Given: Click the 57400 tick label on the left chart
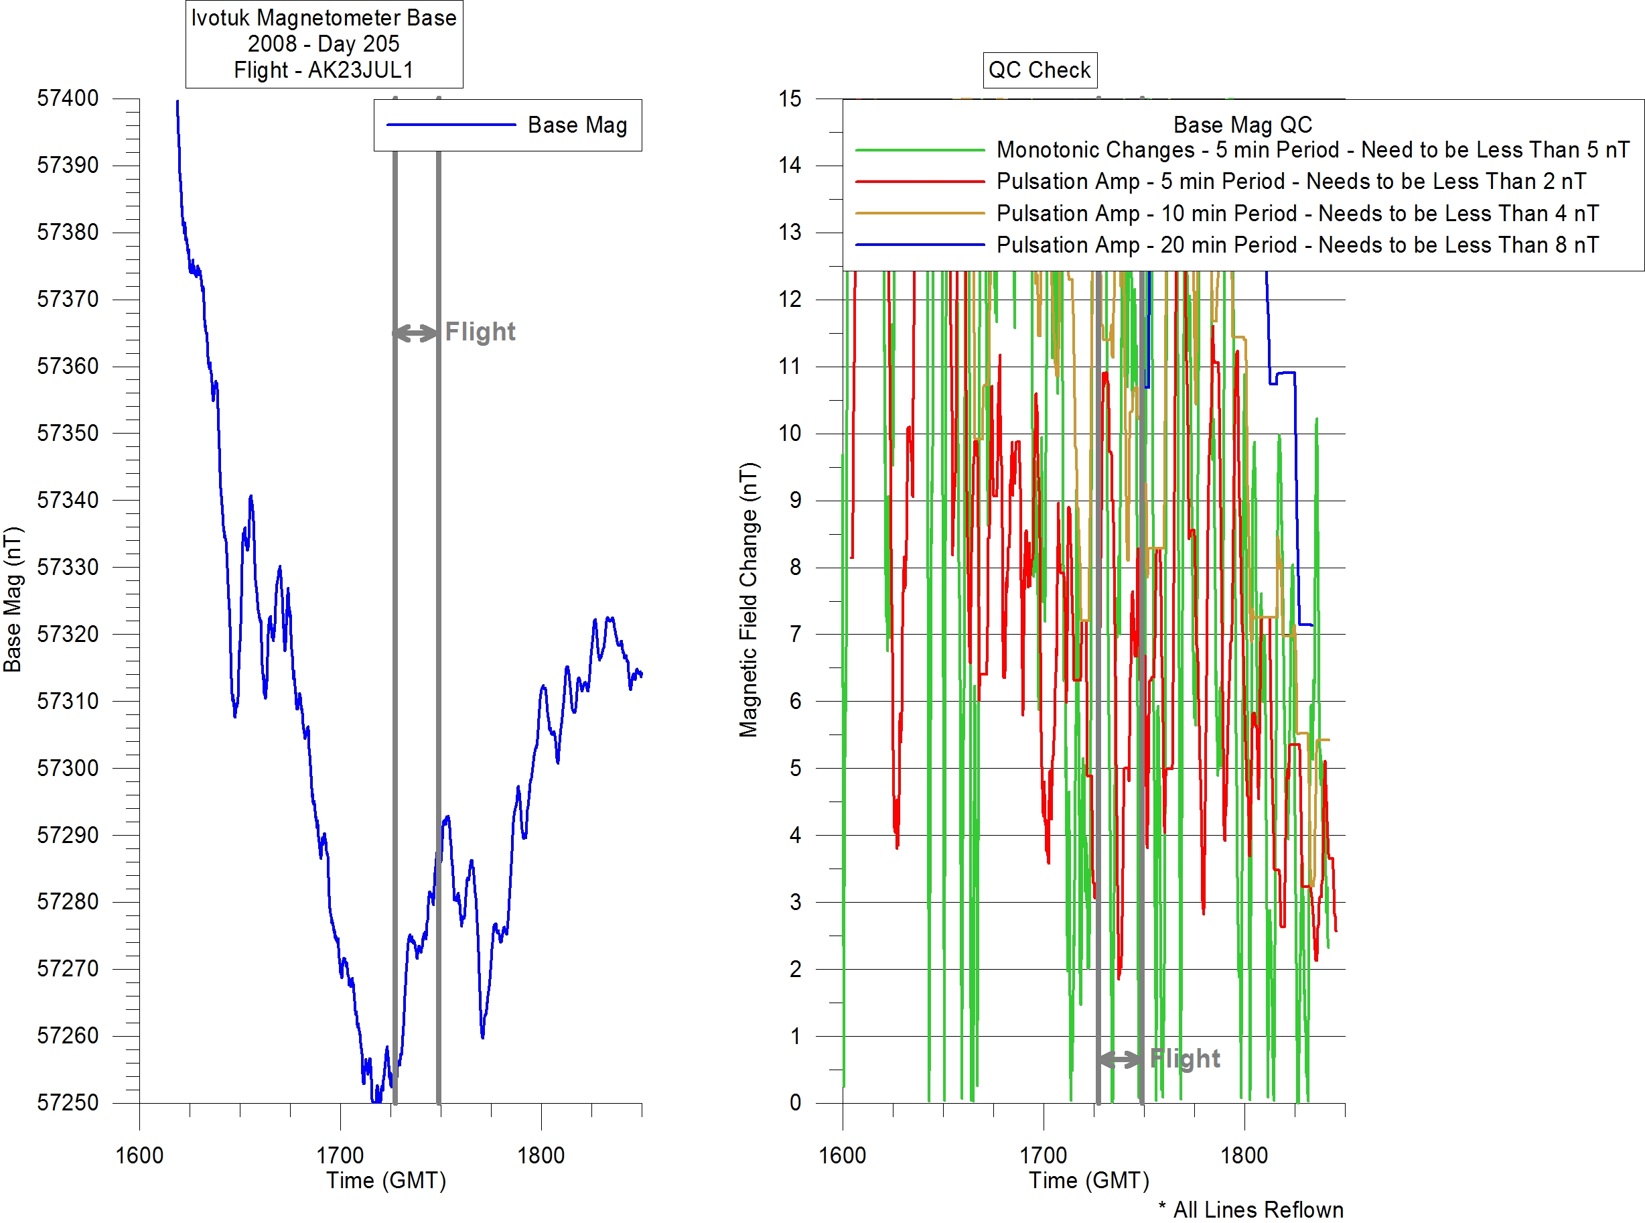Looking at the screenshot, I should click(68, 99).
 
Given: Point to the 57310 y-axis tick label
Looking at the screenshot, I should click(68, 701).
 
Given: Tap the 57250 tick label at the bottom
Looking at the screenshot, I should click(68, 1103).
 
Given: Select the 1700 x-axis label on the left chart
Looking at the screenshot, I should click(340, 1155).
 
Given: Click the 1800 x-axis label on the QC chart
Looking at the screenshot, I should click(1244, 1155).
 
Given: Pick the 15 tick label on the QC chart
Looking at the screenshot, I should click(790, 99).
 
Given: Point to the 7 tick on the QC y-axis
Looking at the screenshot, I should click(796, 635).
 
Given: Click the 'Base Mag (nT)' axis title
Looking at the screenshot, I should click(13, 600).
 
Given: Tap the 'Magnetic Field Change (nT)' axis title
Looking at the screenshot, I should click(749, 600).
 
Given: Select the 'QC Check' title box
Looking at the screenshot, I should click(1040, 70).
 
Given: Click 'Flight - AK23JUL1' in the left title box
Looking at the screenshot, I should click(324, 70).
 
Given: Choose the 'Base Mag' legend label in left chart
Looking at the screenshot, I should click(577, 125).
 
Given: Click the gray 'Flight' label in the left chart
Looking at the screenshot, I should click(480, 332).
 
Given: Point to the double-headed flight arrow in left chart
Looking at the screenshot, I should click(416, 333).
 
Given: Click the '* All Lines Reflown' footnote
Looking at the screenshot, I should click(1250, 1210).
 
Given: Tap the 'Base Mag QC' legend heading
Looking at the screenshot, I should click(1242, 125).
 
